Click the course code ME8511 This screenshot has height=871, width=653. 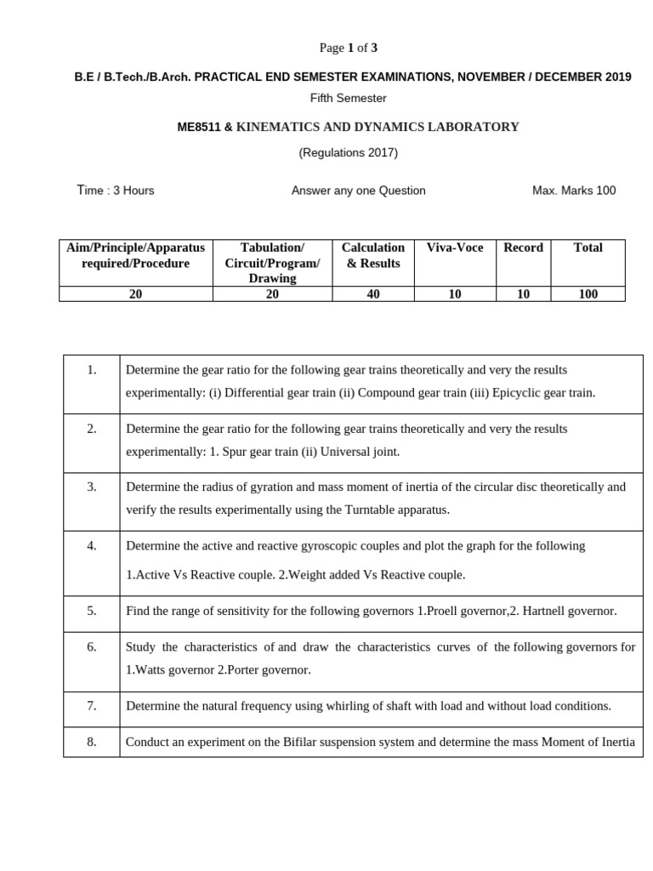pyautogui.click(x=198, y=128)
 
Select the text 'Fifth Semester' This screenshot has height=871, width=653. pyautogui.click(x=348, y=99)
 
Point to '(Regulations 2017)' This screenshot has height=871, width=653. pyautogui.click(x=348, y=153)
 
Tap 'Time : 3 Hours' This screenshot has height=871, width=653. pyautogui.click(x=116, y=191)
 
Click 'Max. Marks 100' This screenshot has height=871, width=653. pyautogui.click(x=574, y=191)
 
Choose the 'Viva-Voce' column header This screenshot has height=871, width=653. pyautogui.click(x=455, y=248)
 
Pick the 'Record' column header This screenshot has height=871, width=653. pyautogui.click(x=523, y=248)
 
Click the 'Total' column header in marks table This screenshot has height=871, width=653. pyautogui.click(x=588, y=248)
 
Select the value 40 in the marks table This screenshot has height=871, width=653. pyautogui.click(x=373, y=294)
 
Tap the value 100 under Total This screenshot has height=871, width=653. pyautogui.click(x=588, y=294)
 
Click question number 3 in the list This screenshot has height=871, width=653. pyautogui.click(x=92, y=487)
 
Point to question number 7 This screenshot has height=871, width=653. pyautogui.click(x=92, y=705)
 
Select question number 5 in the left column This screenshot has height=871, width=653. pyautogui.click(x=92, y=611)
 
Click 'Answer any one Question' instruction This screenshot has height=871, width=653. pyautogui.click(x=359, y=191)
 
